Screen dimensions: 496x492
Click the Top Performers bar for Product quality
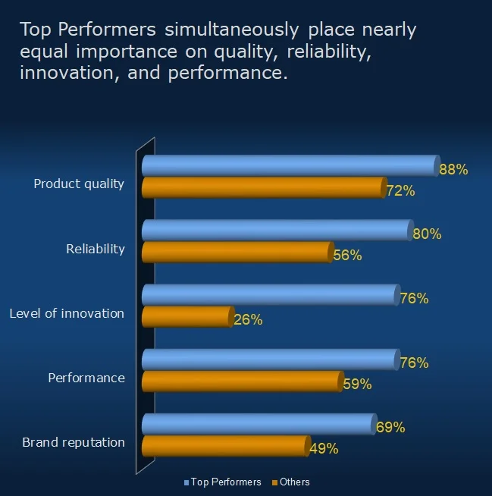coord(288,165)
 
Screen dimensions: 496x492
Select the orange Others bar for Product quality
coord(263,187)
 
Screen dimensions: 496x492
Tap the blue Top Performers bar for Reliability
coord(276,230)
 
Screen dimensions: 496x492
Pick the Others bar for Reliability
coord(237,252)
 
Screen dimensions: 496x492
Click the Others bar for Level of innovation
coord(186,317)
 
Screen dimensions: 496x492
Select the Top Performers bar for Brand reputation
coord(258,424)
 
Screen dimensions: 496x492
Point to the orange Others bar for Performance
coord(242,381)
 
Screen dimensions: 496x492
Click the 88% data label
coord(453,170)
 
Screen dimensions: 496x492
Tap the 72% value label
coord(400,191)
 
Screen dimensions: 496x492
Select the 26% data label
coord(248,320)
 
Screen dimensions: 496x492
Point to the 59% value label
coord(357,385)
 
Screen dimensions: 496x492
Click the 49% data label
coord(324,449)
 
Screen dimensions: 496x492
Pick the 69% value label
coord(390,428)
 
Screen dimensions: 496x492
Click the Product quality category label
coord(79,184)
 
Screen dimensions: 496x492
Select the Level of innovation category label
coord(67,313)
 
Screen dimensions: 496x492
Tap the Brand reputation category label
coord(74,442)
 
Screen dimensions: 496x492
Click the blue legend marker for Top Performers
coord(186,482)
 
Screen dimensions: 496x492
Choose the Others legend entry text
coord(295,482)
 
